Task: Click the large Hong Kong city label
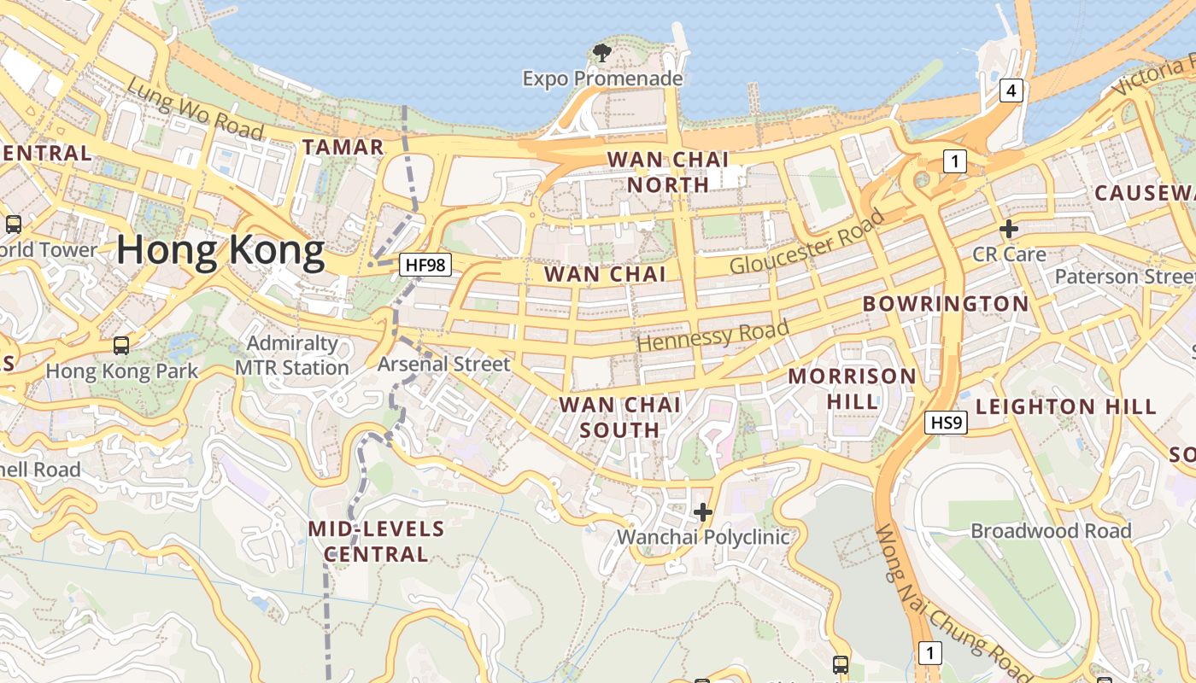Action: [220, 251]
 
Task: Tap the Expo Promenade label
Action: [602, 79]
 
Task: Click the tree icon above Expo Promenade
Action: [602, 53]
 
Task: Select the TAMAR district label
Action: [343, 147]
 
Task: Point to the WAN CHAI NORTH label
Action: [668, 172]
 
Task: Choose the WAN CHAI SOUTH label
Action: [620, 417]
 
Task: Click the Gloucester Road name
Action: [806, 242]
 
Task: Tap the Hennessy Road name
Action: [713, 336]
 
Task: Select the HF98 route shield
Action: [425, 265]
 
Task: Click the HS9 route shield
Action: [947, 422]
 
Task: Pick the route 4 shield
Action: [1011, 90]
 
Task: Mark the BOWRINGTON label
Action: [946, 304]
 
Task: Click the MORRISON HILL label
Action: [852, 388]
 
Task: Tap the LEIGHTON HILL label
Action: [1066, 406]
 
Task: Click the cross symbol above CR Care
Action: [1009, 229]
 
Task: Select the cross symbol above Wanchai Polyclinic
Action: [703, 512]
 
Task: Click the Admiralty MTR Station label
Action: [292, 355]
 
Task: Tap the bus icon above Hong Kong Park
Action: [121, 346]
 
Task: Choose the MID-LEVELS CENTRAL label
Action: [376, 541]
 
